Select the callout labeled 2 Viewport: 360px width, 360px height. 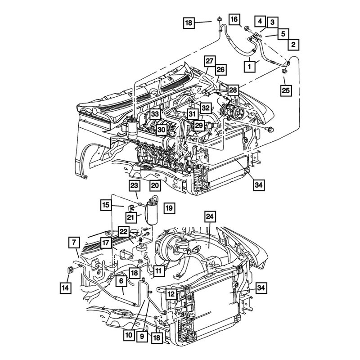point(292,44)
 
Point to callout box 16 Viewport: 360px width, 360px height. point(234,19)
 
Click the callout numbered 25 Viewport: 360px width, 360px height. point(285,90)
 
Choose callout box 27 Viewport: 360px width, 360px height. point(209,61)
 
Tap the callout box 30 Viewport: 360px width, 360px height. point(161,129)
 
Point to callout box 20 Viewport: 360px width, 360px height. point(155,185)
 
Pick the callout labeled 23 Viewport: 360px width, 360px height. point(134,185)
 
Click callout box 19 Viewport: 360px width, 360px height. point(169,208)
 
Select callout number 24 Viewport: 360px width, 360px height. point(209,216)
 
